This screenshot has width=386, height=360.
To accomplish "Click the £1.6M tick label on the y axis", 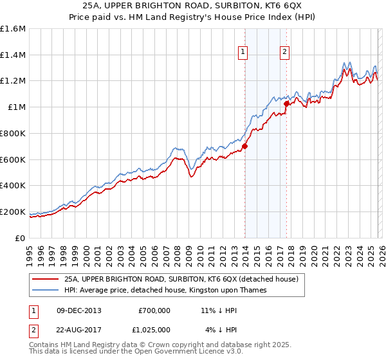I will click(13, 29).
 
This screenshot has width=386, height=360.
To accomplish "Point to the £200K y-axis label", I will click(13, 212).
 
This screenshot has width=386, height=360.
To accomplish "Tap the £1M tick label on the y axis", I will click(17, 107).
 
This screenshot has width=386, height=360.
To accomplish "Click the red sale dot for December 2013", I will click(244, 146).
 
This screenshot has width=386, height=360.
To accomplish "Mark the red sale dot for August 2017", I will click(286, 103).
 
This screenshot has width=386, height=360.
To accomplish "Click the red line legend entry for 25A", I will click(181, 280).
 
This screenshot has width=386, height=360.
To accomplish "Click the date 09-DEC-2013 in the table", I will click(79, 310).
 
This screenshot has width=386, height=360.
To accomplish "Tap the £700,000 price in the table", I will click(154, 310).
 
